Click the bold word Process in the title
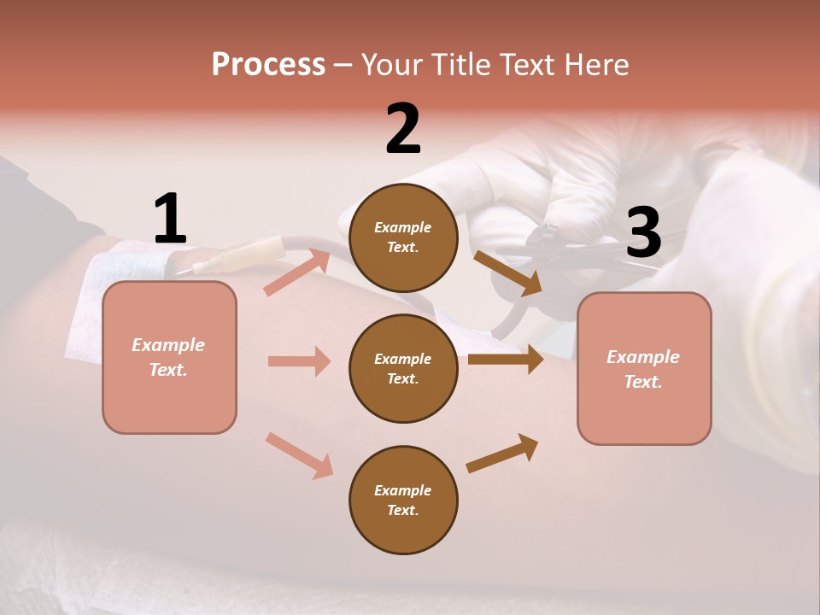[268, 64]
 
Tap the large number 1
[170, 219]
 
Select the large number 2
[403, 129]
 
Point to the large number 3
[643, 233]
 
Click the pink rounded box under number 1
[169, 357]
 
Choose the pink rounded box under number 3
[644, 368]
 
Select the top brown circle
[403, 237]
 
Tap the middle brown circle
[403, 368]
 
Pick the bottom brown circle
[403, 500]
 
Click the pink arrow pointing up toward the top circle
[297, 272]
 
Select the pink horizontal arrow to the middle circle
[299, 361]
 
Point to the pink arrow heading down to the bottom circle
[299, 454]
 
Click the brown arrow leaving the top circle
[507, 272]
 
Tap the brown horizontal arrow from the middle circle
[505, 360]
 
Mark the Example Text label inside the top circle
[403, 237]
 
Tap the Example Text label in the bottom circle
[403, 500]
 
